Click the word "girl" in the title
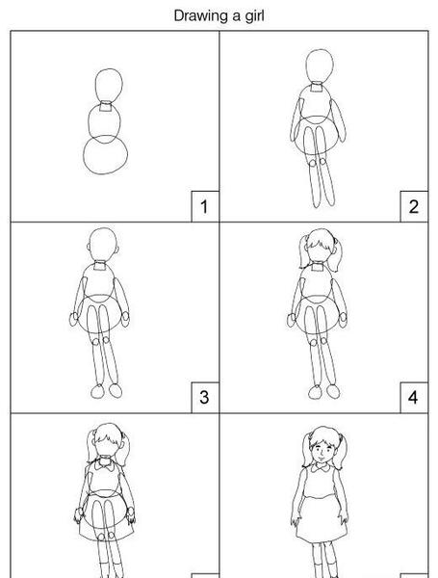(x=254, y=16)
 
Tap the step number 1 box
(x=205, y=206)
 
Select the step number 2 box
(x=414, y=206)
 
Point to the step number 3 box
(x=205, y=397)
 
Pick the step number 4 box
(x=414, y=397)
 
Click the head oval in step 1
(x=95, y=86)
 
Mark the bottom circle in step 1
(x=84, y=155)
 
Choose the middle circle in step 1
(x=89, y=121)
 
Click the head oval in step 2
(x=306, y=66)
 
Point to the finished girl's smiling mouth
(x=321, y=457)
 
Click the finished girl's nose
(x=321, y=452)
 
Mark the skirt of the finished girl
(x=322, y=520)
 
